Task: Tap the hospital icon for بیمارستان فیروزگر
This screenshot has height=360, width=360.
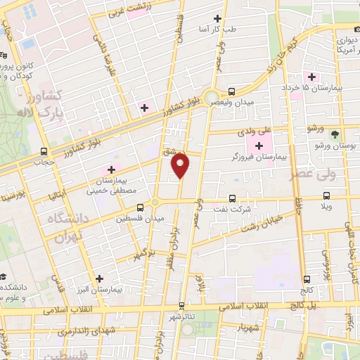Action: click(259, 146)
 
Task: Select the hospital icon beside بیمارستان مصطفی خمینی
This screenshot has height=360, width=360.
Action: click(110, 170)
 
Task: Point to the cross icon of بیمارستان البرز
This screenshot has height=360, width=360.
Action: click(99, 278)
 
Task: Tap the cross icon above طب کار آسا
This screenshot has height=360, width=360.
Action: click(217, 18)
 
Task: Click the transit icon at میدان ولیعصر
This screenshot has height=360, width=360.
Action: click(231, 91)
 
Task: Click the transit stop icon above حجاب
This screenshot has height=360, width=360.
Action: click(44, 150)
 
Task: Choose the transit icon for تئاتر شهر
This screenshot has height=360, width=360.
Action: click(182, 306)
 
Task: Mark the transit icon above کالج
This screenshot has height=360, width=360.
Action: click(306, 279)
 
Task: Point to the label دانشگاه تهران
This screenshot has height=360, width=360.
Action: click(65, 228)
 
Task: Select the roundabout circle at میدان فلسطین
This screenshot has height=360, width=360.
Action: click(155, 205)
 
